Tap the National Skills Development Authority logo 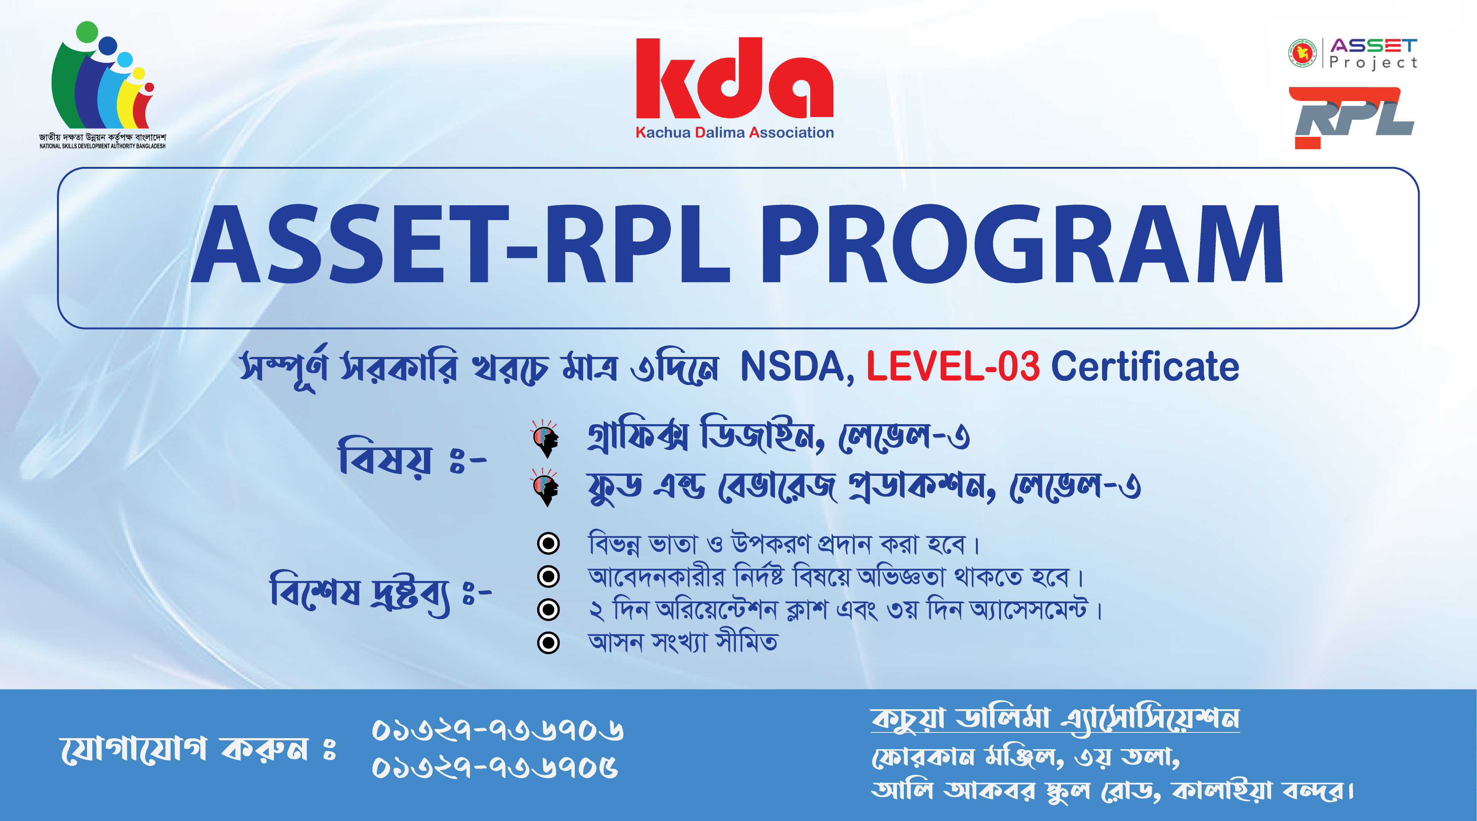(x=103, y=85)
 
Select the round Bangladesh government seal (x=1303, y=53)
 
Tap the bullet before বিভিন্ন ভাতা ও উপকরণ (x=548, y=543)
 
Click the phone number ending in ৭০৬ (x=498, y=731)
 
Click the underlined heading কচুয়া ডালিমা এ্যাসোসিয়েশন (x=1055, y=718)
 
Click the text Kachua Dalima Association (x=734, y=133)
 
